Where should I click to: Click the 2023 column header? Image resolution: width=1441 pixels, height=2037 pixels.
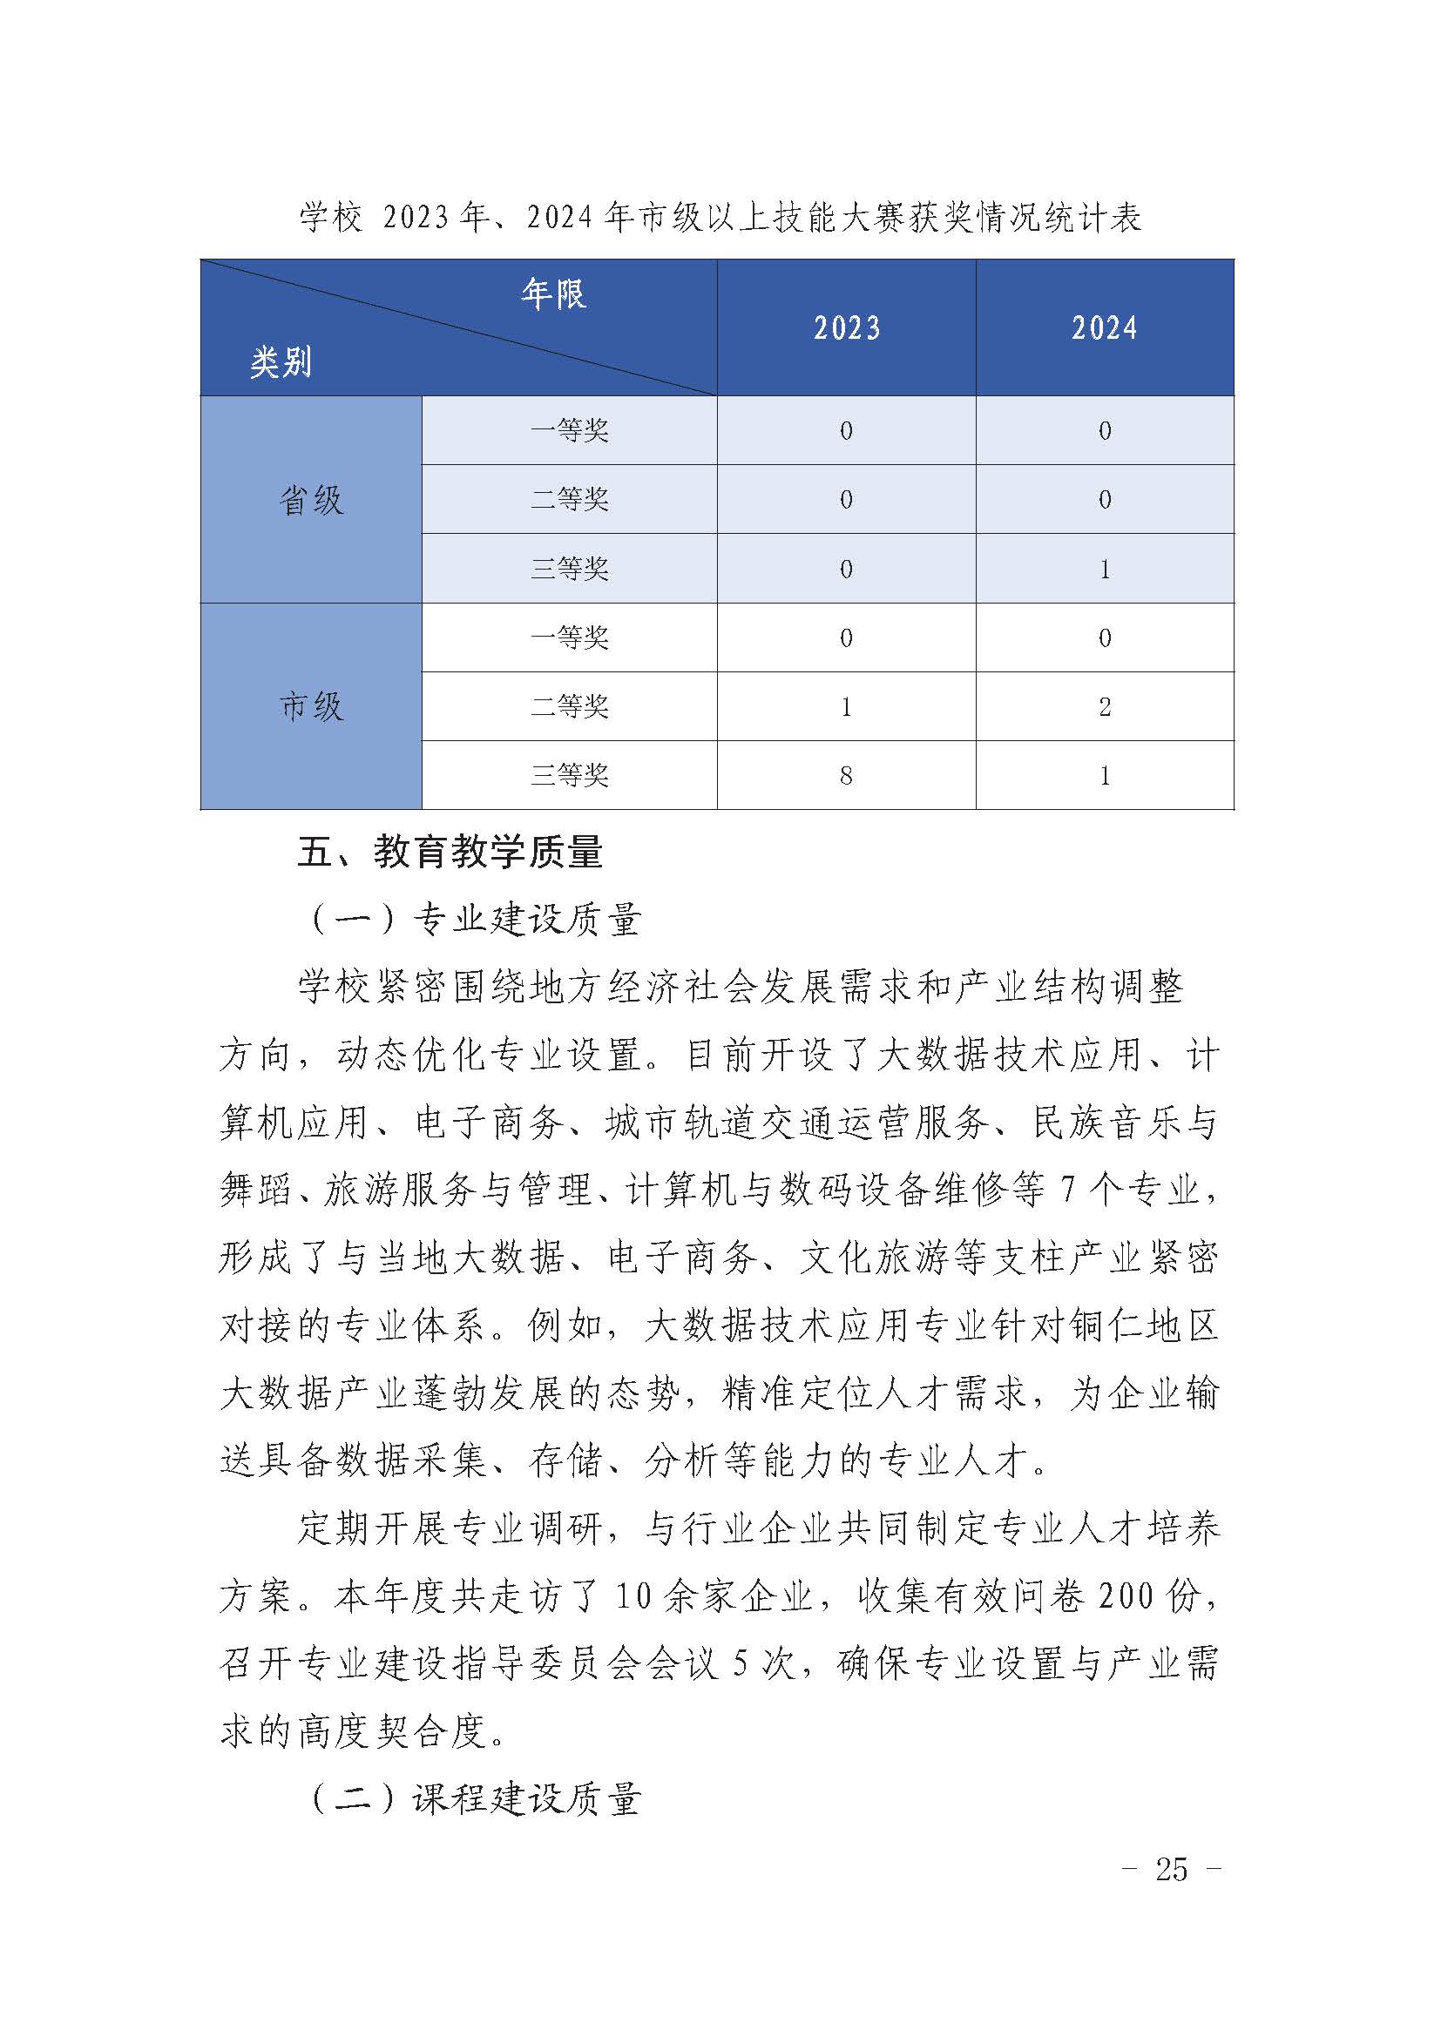847,327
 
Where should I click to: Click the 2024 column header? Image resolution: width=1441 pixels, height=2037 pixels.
1104,327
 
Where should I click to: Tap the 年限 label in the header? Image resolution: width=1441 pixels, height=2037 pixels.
553,293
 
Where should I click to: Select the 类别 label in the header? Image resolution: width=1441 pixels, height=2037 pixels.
281,362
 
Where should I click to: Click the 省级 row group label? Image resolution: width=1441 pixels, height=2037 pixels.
310,501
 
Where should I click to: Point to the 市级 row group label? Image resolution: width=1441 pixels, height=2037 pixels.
310,707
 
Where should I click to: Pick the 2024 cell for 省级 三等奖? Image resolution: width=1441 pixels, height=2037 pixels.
1105,569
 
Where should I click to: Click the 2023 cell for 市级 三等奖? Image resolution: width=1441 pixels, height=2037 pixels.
846,776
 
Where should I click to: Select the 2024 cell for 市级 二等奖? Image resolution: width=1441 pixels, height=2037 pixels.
1105,707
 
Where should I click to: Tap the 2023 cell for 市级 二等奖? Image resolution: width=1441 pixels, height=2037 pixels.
846,707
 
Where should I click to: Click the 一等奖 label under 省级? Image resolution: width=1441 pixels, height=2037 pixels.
569,431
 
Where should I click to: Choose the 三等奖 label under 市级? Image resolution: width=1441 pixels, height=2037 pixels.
569,776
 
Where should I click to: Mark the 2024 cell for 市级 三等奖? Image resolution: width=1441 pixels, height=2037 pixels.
1105,776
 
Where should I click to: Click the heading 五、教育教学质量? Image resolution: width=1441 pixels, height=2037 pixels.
450,853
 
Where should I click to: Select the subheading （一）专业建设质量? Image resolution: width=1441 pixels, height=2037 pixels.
474,920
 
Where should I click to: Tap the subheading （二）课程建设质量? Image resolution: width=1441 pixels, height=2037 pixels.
474,1798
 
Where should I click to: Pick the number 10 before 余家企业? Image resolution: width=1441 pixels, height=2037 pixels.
634,1597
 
